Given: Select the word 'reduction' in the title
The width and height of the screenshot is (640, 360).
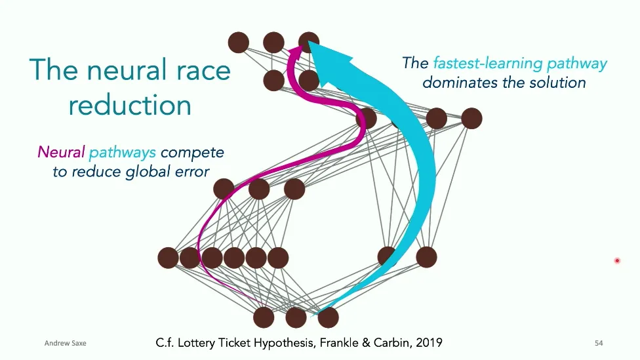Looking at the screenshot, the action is tap(130, 105).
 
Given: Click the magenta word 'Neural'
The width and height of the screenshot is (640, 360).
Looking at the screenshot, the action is tap(61, 153).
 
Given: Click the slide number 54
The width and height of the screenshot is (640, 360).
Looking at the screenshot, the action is tap(598, 343).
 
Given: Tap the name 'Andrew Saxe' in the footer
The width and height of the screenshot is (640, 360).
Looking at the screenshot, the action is tap(65, 343).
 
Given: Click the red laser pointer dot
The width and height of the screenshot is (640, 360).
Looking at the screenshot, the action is tap(617, 261).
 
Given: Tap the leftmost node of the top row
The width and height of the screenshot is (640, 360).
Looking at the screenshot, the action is tap(239, 43).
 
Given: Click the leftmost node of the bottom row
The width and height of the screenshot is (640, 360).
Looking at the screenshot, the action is tap(264, 317).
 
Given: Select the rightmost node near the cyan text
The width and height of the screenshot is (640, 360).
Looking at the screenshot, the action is tap(471, 119).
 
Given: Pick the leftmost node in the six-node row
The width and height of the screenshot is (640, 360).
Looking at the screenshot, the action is tap(169, 258).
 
